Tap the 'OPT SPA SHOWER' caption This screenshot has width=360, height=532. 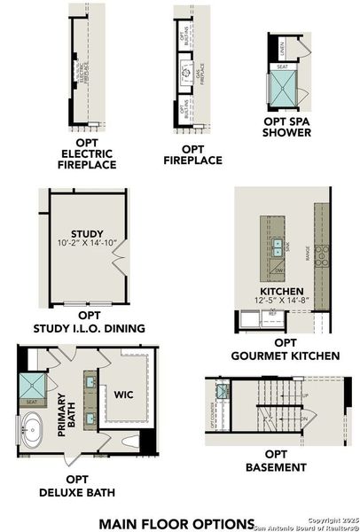[x=287, y=127]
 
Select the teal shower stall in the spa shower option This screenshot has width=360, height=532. [x=284, y=90]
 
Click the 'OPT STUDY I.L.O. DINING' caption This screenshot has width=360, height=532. [x=88, y=321]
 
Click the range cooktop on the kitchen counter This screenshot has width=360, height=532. [x=322, y=257]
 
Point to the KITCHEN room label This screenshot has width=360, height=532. [x=282, y=291]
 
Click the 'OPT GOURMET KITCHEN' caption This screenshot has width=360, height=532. [x=285, y=348]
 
